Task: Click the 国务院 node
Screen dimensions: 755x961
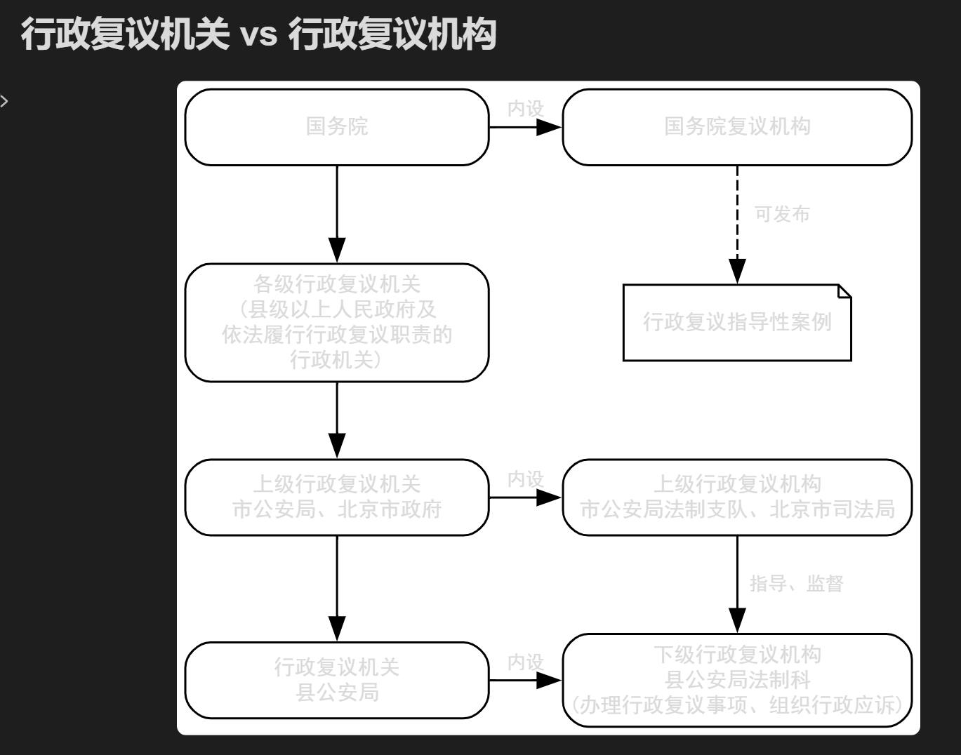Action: [337, 127]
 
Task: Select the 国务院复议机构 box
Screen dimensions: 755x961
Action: [737, 127]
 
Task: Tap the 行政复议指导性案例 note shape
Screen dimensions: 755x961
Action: [737, 323]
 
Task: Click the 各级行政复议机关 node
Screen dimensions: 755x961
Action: [337, 323]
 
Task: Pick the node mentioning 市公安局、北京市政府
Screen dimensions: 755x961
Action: [337, 497]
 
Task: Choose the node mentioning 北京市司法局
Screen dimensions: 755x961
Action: [737, 497]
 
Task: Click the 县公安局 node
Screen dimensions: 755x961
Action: [337, 680]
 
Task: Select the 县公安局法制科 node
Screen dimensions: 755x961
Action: [737, 680]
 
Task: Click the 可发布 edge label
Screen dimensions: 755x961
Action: [782, 214]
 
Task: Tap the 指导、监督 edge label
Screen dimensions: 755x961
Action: [796, 583]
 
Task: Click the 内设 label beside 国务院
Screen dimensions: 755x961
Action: [526, 109]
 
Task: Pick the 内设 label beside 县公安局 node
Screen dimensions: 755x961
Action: [526, 662]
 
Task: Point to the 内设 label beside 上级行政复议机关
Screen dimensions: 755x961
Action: [526, 479]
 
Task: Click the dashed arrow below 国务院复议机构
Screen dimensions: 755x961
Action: [737, 225]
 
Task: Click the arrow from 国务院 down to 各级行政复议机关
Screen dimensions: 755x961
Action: [337, 214]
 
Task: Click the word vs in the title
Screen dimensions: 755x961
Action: [259, 34]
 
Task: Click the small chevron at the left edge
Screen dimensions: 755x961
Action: [4, 101]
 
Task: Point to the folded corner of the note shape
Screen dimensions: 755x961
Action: [844, 291]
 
